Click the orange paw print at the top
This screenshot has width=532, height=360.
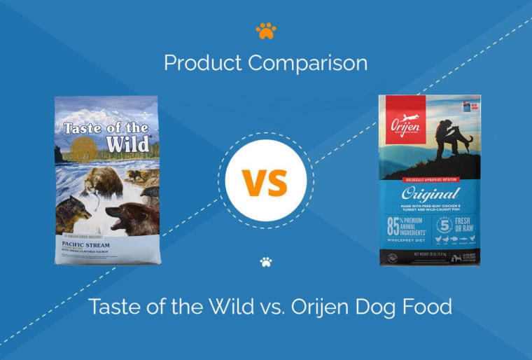point(266,31)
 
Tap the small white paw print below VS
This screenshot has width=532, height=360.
point(266,263)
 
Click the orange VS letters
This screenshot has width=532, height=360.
point(266,181)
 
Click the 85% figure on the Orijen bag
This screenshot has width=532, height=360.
point(395,227)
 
